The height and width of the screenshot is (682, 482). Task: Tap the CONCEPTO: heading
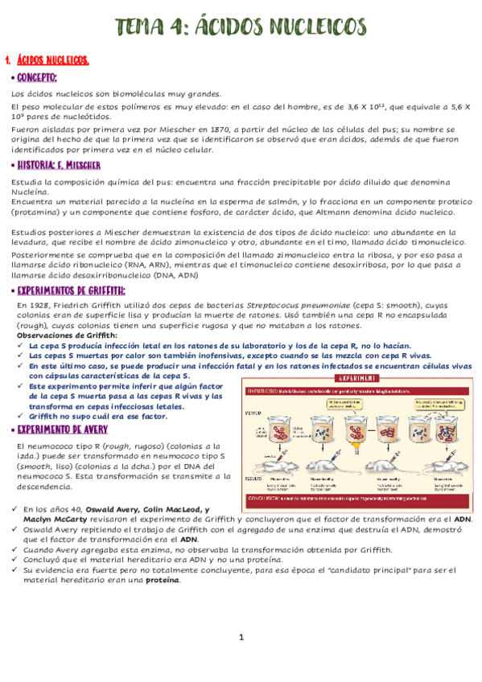click(x=36, y=78)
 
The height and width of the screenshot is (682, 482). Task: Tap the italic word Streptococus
click(x=275, y=306)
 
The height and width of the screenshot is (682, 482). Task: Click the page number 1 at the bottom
click(x=241, y=638)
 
